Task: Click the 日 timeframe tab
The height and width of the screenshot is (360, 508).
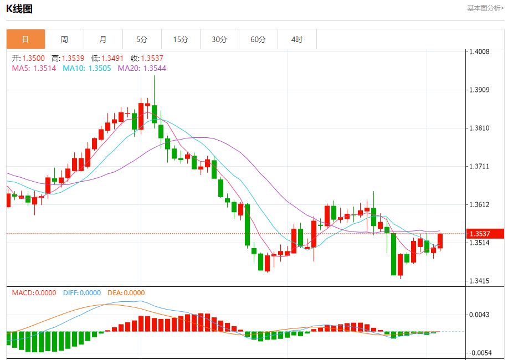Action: coord(25,39)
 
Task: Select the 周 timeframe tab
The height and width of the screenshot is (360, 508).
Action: coord(64,39)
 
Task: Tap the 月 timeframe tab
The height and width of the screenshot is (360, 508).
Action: coord(103,39)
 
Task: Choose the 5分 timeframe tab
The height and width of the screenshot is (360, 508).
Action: coord(142,39)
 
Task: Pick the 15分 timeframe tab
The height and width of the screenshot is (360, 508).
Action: coord(181,39)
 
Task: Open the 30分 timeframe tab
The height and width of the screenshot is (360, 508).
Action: coord(219,39)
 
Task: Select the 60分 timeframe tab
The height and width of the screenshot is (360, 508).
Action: coord(258,39)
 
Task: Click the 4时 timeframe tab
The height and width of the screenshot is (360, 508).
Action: coord(297,39)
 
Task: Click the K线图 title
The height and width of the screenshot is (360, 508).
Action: coord(19,9)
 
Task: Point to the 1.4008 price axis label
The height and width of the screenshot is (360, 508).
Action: coord(479,52)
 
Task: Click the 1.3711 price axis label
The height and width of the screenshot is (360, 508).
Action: coord(479,166)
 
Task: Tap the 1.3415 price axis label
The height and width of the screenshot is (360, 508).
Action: coord(479,281)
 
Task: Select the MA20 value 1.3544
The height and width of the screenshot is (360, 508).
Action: coord(155,68)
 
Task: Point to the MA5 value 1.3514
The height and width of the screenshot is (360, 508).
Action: coord(45,68)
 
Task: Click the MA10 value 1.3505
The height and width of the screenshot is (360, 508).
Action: coord(100,68)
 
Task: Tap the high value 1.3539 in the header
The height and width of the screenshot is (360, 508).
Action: coord(73,58)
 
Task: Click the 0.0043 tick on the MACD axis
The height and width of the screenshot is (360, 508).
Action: coord(479,315)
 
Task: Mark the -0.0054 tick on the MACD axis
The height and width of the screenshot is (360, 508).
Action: coord(480,353)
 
